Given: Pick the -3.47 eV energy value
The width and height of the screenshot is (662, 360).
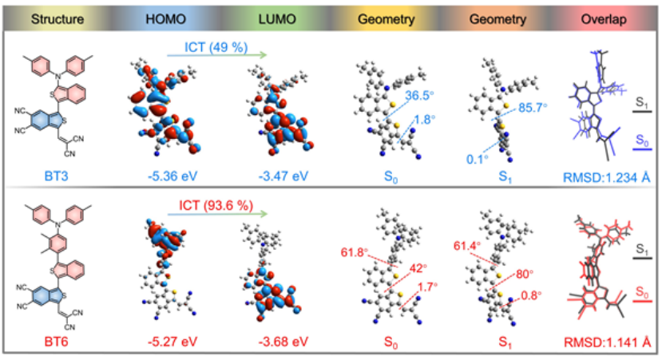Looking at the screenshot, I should pyautogui.click(x=273, y=170).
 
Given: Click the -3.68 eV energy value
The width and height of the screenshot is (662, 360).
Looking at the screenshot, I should pyautogui.click(x=273, y=343).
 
